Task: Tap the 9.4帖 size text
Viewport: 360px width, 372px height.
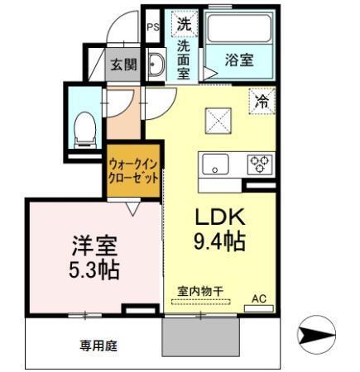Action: [219, 242]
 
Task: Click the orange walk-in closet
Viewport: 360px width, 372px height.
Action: [132, 171]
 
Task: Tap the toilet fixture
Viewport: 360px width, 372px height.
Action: [84, 126]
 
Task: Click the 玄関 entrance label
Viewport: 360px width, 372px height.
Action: [125, 64]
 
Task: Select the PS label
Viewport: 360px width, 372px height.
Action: [152, 27]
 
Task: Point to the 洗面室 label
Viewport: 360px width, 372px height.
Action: [183, 60]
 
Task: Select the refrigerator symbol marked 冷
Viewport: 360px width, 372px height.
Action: [262, 103]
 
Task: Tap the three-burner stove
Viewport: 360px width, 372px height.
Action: [260, 164]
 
